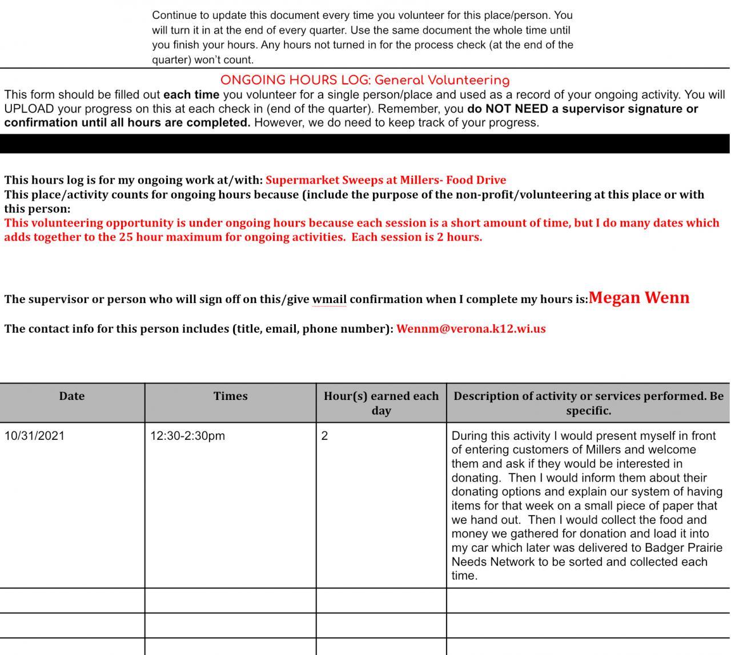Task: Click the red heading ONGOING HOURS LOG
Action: pyautogui.click(x=364, y=80)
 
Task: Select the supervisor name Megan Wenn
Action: pyautogui.click(x=638, y=298)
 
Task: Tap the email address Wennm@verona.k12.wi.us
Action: pyautogui.click(x=471, y=329)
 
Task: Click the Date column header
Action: pyautogui.click(x=71, y=396)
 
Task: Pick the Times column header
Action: pyautogui.click(x=230, y=396)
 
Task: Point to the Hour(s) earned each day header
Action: pyautogui.click(x=381, y=403)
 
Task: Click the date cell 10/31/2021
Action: pyautogui.click(x=34, y=436)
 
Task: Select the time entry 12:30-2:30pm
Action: pyautogui.click(x=187, y=436)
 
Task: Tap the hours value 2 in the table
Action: pyautogui.click(x=324, y=436)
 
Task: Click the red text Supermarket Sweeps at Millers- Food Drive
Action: pyautogui.click(x=385, y=180)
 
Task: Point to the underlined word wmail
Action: pyautogui.click(x=329, y=300)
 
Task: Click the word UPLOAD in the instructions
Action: pyautogui.click(x=29, y=108)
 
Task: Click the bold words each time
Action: pyautogui.click(x=191, y=95)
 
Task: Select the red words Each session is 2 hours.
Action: pyautogui.click(x=416, y=237)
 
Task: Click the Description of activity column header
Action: pyautogui.click(x=588, y=403)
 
